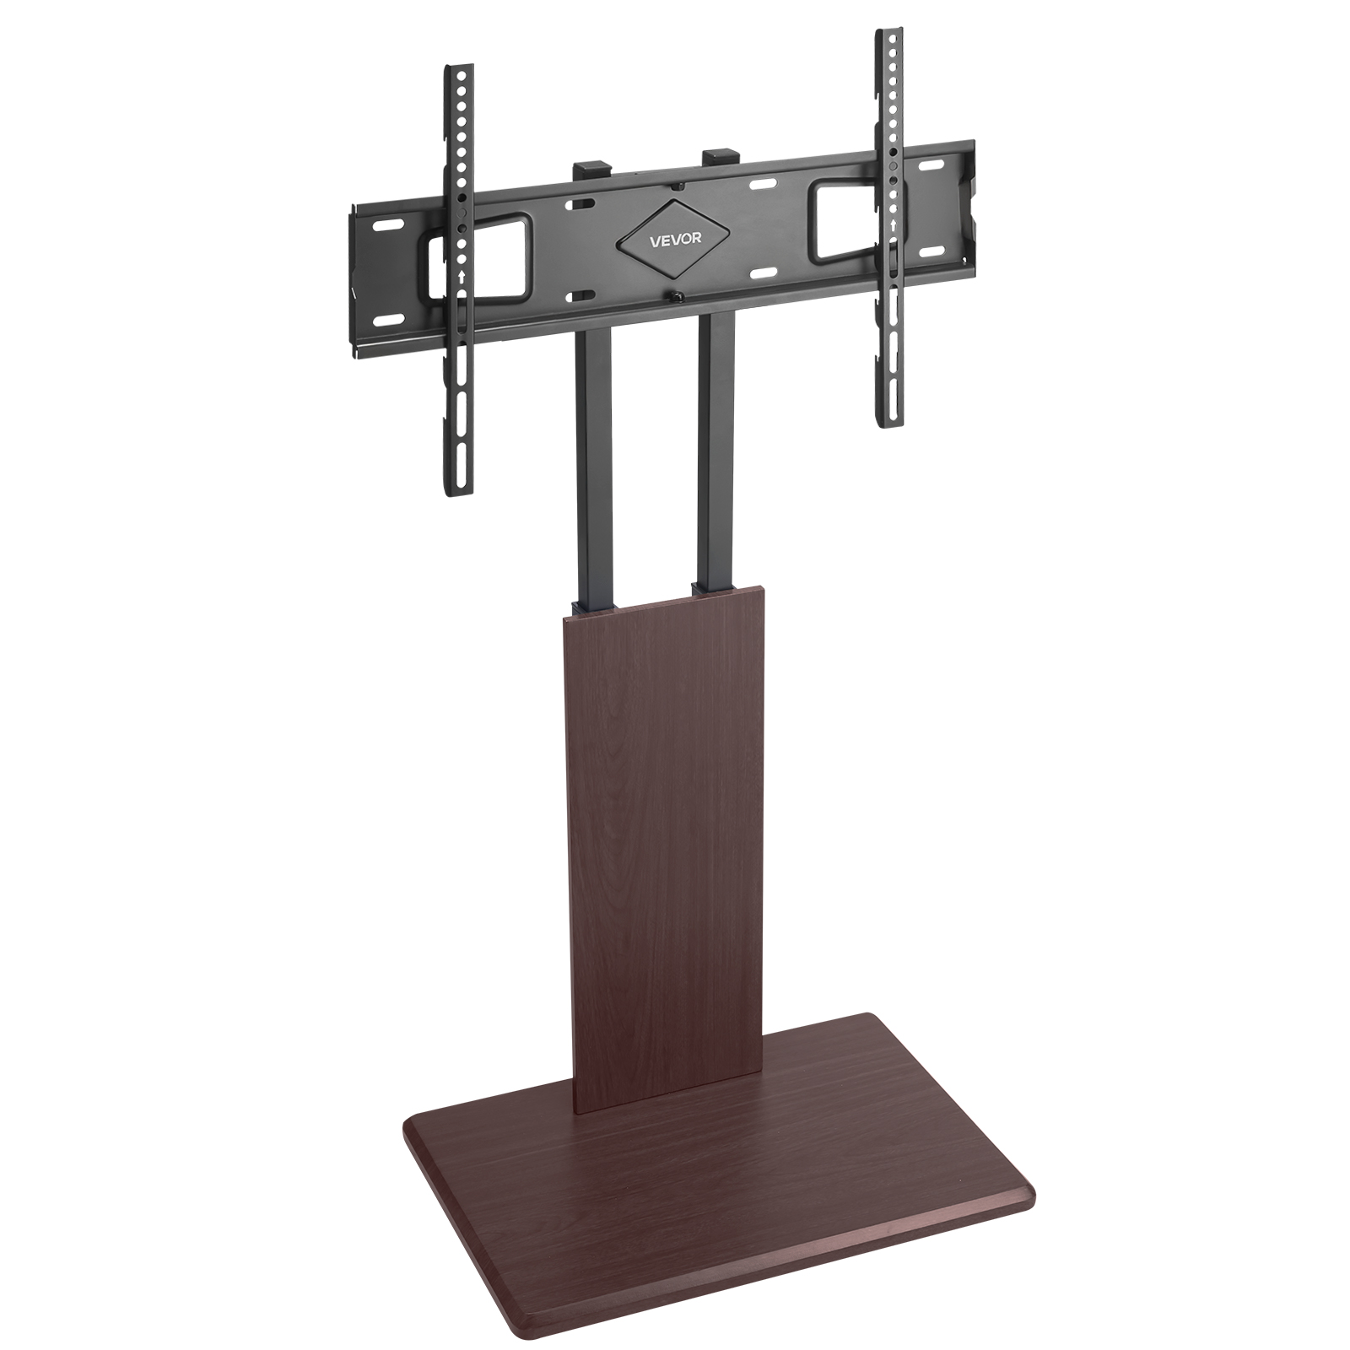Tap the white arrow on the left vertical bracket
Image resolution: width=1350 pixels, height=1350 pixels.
click(x=459, y=276)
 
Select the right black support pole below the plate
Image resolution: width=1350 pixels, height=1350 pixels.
click(x=714, y=447)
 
